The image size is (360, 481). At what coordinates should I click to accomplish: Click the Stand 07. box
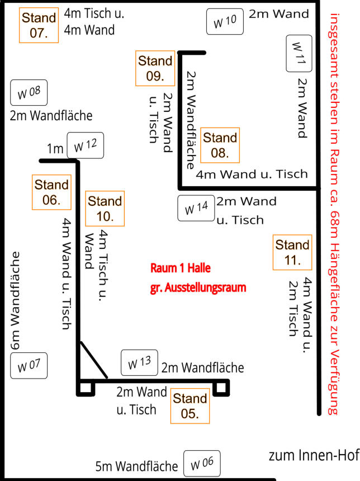(x=39, y=25)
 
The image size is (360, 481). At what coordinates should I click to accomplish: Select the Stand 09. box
(x=155, y=68)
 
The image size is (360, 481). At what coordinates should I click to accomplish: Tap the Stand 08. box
(x=220, y=144)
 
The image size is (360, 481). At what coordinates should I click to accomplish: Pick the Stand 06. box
(x=51, y=191)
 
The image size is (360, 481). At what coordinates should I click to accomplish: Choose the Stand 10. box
(x=105, y=208)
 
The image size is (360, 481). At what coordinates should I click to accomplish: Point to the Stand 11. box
(x=292, y=252)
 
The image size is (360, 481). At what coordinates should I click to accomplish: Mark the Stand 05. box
(x=190, y=405)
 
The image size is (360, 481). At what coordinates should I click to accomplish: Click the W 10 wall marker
(x=225, y=22)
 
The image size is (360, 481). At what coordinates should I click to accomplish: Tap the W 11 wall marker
(x=299, y=54)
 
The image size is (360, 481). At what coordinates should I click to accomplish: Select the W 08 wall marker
(x=29, y=93)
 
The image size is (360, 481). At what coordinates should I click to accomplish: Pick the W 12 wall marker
(x=86, y=146)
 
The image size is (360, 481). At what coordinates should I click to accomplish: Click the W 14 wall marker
(x=196, y=208)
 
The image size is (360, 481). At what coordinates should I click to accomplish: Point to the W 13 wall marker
(x=140, y=363)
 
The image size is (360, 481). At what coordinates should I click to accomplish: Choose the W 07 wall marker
(x=29, y=366)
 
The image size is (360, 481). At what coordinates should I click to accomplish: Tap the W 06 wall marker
(x=202, y=464)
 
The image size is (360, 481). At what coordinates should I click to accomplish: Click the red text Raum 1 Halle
(x=181, y=268)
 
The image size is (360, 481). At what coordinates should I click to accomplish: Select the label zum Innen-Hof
(x=313, y=456)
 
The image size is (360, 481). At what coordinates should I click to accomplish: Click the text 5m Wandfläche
(x=136, y=466)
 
